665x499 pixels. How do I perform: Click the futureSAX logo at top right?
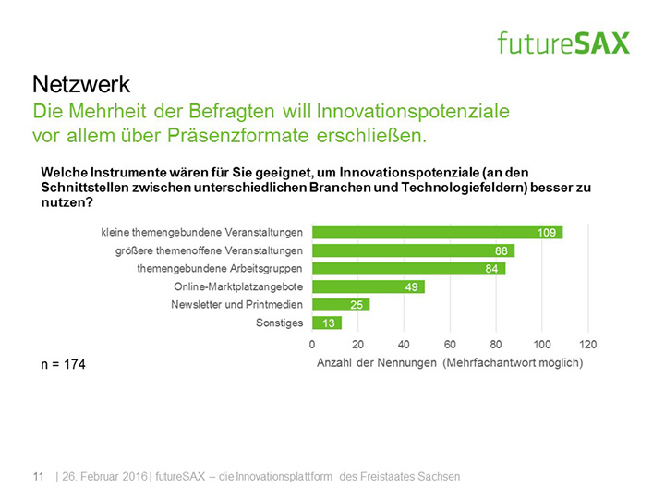562,43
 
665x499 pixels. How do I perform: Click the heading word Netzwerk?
81,85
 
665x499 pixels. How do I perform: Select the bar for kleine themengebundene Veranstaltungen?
437,232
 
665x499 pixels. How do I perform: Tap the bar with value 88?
413,250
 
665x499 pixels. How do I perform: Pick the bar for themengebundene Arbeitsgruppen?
408,269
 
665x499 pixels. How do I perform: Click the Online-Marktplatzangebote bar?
368,287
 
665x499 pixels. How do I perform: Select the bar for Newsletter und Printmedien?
340,305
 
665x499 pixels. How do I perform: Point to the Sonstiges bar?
326,323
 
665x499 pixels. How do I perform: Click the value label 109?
546,232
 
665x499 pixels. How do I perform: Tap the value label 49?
413,287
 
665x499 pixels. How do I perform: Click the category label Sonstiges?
279,323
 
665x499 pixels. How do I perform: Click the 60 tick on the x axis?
450,344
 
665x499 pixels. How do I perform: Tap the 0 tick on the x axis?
312,344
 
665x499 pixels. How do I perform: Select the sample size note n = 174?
64,366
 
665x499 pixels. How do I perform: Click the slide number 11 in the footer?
39,476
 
